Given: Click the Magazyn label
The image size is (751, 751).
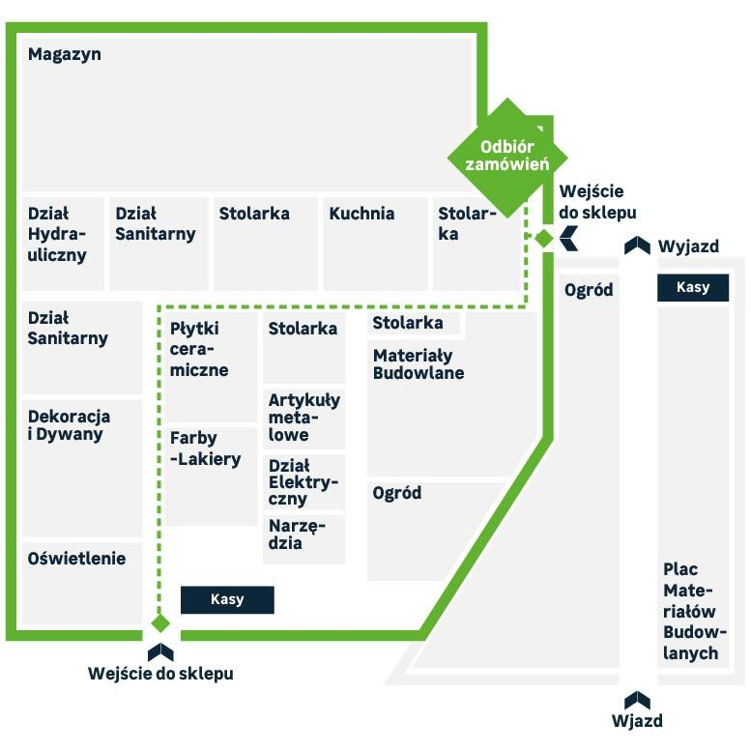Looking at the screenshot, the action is tap(64, 54).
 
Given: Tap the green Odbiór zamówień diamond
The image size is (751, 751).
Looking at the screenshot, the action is tap(507, 158).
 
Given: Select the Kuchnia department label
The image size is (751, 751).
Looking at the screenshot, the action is tap(361, 214).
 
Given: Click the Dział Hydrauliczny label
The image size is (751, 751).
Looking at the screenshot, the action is tap(56, 234).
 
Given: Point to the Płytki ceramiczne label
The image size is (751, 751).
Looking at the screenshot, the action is tap(199, 349).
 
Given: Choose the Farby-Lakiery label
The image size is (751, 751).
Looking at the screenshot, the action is tap(205, 448).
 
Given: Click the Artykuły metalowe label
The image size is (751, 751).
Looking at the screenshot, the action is tap(304, 418).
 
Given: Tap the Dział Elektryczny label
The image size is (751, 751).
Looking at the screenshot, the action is tap(303, 482).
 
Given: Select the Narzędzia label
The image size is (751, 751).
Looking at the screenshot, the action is tap(297, 534).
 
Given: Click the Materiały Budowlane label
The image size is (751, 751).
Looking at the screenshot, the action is tap(419, 364).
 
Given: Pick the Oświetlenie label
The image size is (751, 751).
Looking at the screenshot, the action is tap(76, 559).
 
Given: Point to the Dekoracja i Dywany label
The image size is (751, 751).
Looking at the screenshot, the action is tap(69, 425).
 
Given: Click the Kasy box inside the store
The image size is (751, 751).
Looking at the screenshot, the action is tap(227, 599).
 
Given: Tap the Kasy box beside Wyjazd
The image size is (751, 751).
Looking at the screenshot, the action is tap(693, 287).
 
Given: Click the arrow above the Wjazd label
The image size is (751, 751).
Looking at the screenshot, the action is tap(637, 700).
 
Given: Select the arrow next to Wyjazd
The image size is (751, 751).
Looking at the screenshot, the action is tap(637, 246).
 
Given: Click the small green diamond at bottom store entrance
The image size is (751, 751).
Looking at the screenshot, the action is tap(160, 623).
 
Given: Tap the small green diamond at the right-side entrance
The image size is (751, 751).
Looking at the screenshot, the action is tap(543, 238).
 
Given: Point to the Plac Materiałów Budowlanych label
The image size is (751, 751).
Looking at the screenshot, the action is tap(695, 611).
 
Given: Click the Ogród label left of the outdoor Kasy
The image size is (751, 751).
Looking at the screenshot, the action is tap(589, 290).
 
